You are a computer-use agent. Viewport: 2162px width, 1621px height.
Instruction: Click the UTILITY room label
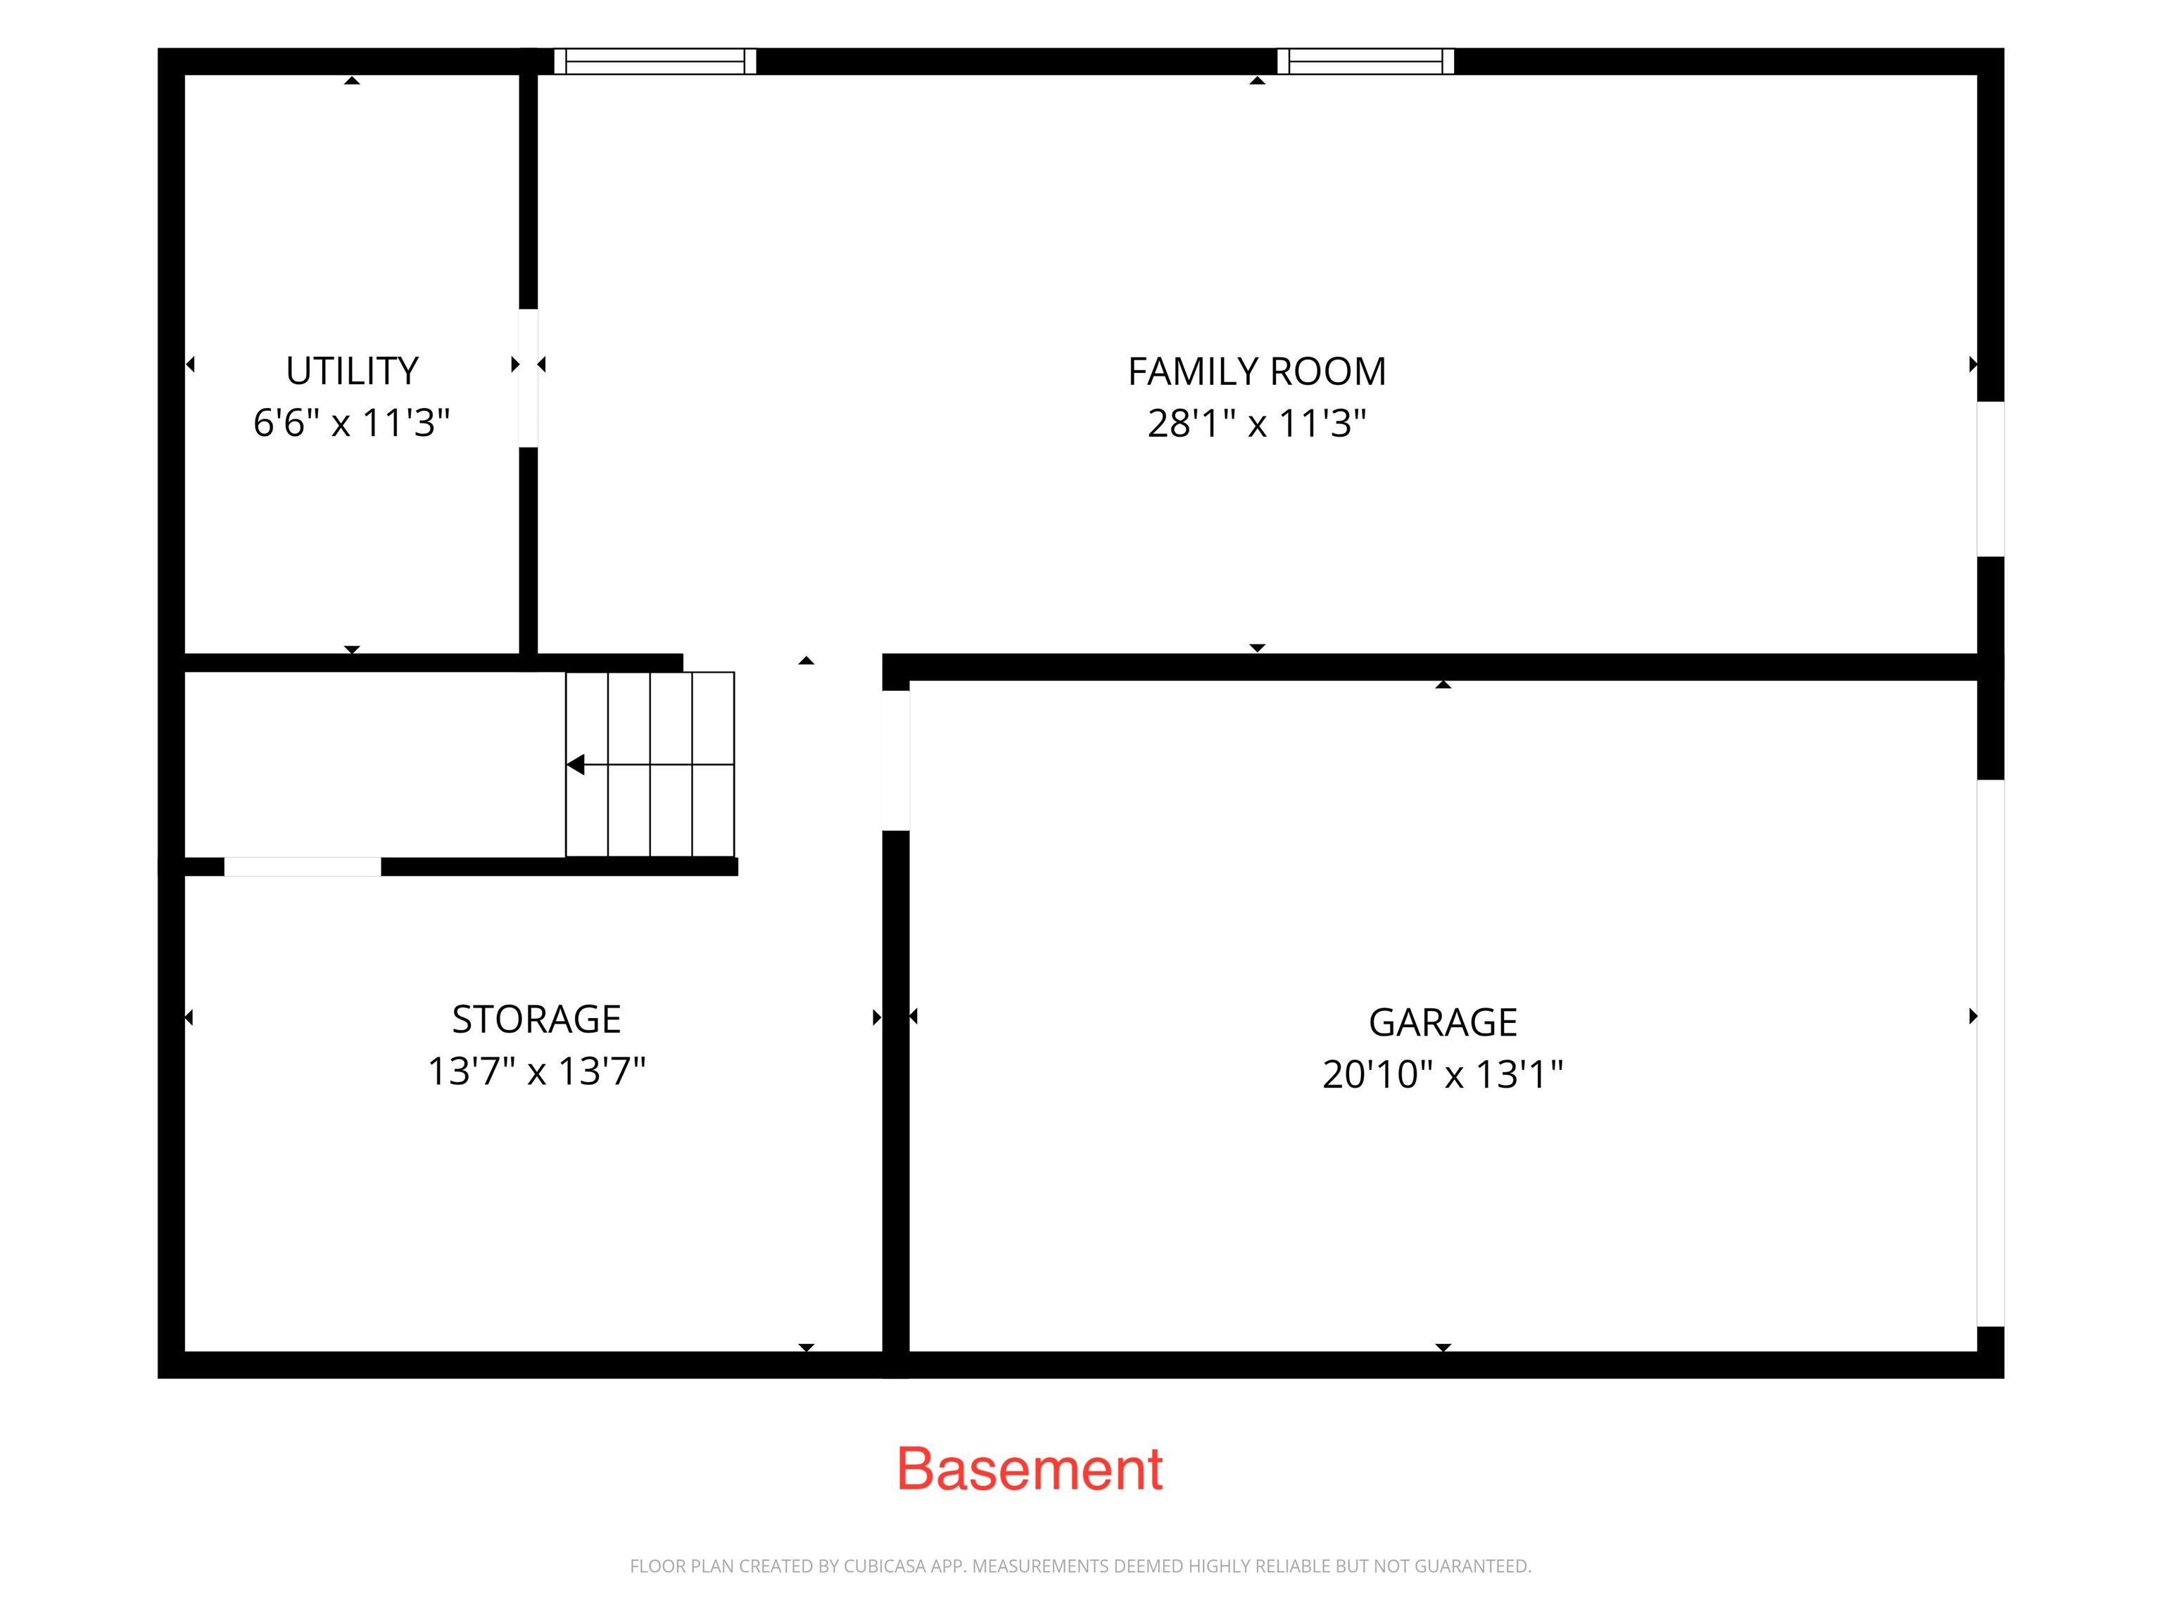(x=352, y=371)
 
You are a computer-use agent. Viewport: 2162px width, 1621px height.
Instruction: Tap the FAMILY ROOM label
(x=1257, y=371)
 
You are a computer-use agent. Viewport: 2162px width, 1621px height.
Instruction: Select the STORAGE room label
(x=536, y=1019)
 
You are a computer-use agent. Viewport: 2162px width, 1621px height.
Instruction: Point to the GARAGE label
(x=1443, y=1022)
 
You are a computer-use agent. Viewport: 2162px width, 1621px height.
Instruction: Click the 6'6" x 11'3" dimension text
(x=352, y=423)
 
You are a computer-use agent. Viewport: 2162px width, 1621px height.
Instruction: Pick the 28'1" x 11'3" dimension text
(x=1257, y=423)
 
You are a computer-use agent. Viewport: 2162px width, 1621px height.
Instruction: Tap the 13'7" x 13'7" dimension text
(x=536, y=1071)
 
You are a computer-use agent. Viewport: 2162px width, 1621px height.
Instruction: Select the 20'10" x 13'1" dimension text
(x=1443, y=1074)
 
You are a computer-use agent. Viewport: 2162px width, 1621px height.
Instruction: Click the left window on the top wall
(x=655, y=61)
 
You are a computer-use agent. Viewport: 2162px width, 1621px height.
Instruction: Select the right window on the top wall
(x=1365, y=61)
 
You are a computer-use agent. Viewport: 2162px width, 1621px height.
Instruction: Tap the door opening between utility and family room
(x=528, y=378)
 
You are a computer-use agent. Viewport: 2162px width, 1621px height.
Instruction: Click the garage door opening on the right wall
(x=1991, y=1053)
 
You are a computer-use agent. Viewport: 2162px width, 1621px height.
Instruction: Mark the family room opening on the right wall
(x=1991, y=479)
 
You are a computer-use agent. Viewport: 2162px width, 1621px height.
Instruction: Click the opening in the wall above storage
(x=303, y=867)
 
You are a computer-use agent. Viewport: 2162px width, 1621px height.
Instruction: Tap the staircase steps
(x=650, y=764)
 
